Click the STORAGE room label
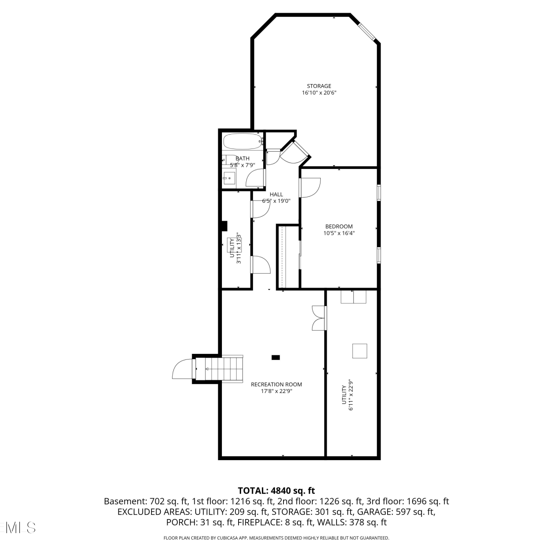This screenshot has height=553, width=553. [319, 86]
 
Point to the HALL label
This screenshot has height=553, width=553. [276, 194]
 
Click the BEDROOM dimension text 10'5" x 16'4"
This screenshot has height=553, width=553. [339, 233]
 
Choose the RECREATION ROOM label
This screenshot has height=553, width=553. [276, 384]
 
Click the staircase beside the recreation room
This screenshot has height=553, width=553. [219, 368]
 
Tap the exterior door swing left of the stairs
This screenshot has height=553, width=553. [182, 369]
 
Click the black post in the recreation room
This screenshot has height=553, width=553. [275, 357]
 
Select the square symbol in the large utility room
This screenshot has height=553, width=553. [359, 351]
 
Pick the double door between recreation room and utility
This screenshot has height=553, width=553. [319, 318]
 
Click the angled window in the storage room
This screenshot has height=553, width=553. [367, 32]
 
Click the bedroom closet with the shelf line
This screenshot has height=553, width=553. [288, 257]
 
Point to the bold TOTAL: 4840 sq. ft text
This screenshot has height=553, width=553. [276, 491]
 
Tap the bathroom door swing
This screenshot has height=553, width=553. [255, 178]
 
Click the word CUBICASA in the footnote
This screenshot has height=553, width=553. [228, 538]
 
